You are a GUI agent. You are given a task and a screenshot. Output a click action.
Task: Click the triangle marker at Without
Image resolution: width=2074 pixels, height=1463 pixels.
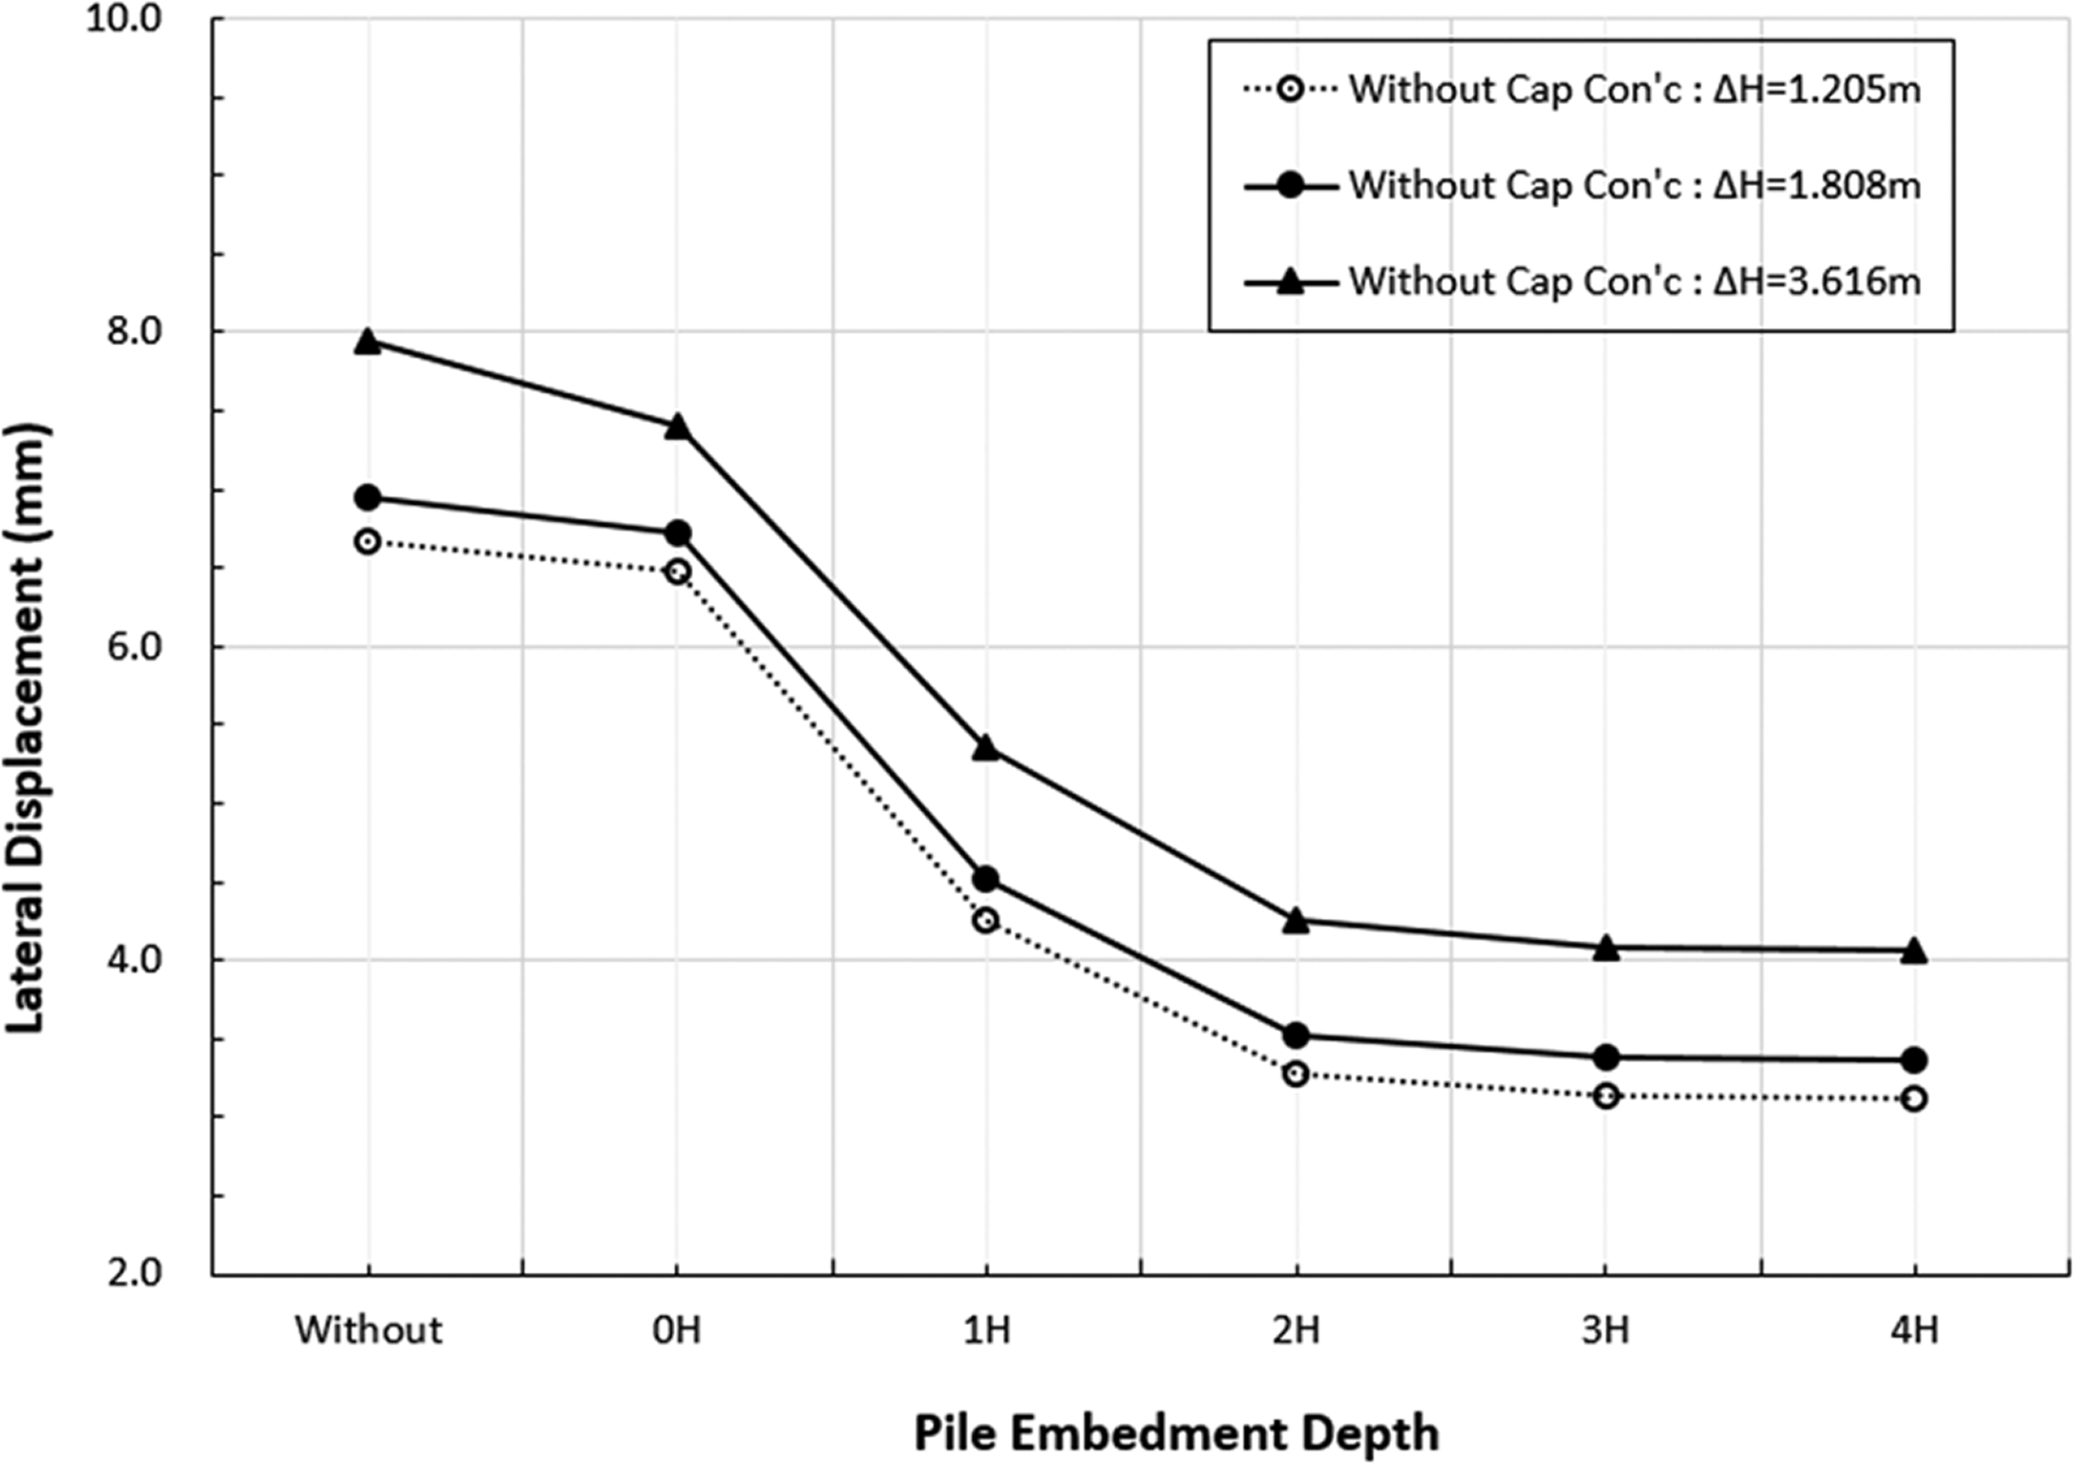[366, 341]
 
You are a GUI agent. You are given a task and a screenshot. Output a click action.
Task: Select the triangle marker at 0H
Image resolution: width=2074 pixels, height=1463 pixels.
[678, 426]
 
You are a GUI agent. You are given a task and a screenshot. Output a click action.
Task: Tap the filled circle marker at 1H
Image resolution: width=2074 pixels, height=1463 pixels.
[985, 879]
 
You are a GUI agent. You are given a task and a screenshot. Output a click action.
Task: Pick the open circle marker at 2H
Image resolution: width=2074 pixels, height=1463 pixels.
[1295, 1074]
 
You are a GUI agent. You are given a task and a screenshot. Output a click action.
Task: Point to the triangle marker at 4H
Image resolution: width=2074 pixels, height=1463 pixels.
[1913, 950]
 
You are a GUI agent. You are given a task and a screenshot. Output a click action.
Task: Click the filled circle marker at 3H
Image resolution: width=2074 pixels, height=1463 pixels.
[1606, 1056]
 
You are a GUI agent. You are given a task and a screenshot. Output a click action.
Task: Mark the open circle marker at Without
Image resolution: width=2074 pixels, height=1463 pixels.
[366, 542]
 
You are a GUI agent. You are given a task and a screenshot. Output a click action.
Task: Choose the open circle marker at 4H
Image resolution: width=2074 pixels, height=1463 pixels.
[1913, 1099]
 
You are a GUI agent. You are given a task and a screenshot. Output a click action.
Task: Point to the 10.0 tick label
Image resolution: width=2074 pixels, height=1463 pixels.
[135, 20]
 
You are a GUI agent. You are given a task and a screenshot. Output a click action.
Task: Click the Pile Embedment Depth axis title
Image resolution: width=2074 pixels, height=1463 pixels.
[1176, 1432]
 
